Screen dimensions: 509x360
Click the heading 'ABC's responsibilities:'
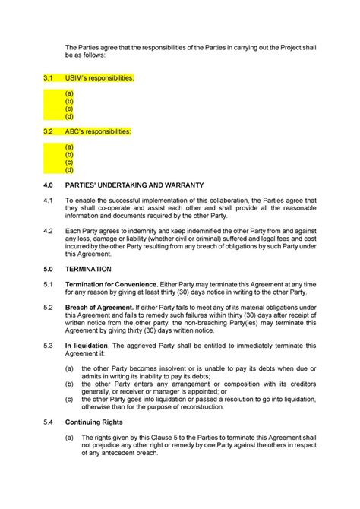pos(98,131)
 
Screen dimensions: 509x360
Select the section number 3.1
pos(49,77)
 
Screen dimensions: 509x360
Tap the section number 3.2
pos(49,131)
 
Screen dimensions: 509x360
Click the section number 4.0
pos(49,185)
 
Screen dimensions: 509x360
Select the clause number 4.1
pos(49,201)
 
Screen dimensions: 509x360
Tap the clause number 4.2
pos(49,231)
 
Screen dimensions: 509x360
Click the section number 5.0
pos(49,269)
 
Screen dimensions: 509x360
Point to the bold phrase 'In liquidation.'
pos(90,345)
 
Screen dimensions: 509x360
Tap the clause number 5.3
pos(49,345)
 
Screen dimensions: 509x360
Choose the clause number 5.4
pos(49,421)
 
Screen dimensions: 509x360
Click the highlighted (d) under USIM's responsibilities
pos(69,116)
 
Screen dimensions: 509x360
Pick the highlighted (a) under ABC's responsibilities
pos(69,147)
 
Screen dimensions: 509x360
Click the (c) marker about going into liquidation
pos(69,398)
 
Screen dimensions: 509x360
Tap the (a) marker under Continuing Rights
pos(69,437)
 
